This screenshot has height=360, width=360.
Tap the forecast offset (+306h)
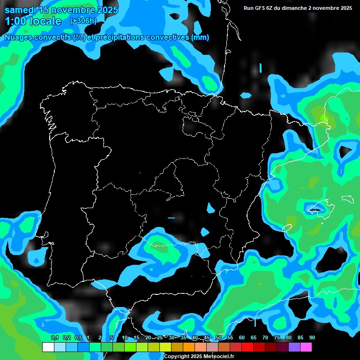tap(83, 21)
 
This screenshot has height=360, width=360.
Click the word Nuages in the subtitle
tap(19, 37)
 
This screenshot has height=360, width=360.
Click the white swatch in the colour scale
tap(48, 347)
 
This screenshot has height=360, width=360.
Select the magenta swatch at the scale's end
tap(306, 347)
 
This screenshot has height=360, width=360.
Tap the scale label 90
tap(312, 337)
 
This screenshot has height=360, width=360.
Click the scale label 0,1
tap(55, 337)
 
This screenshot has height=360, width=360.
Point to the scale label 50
tap(218, 337)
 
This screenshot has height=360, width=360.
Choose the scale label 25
tap(160, 337)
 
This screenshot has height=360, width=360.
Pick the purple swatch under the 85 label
tap(294, 347)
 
